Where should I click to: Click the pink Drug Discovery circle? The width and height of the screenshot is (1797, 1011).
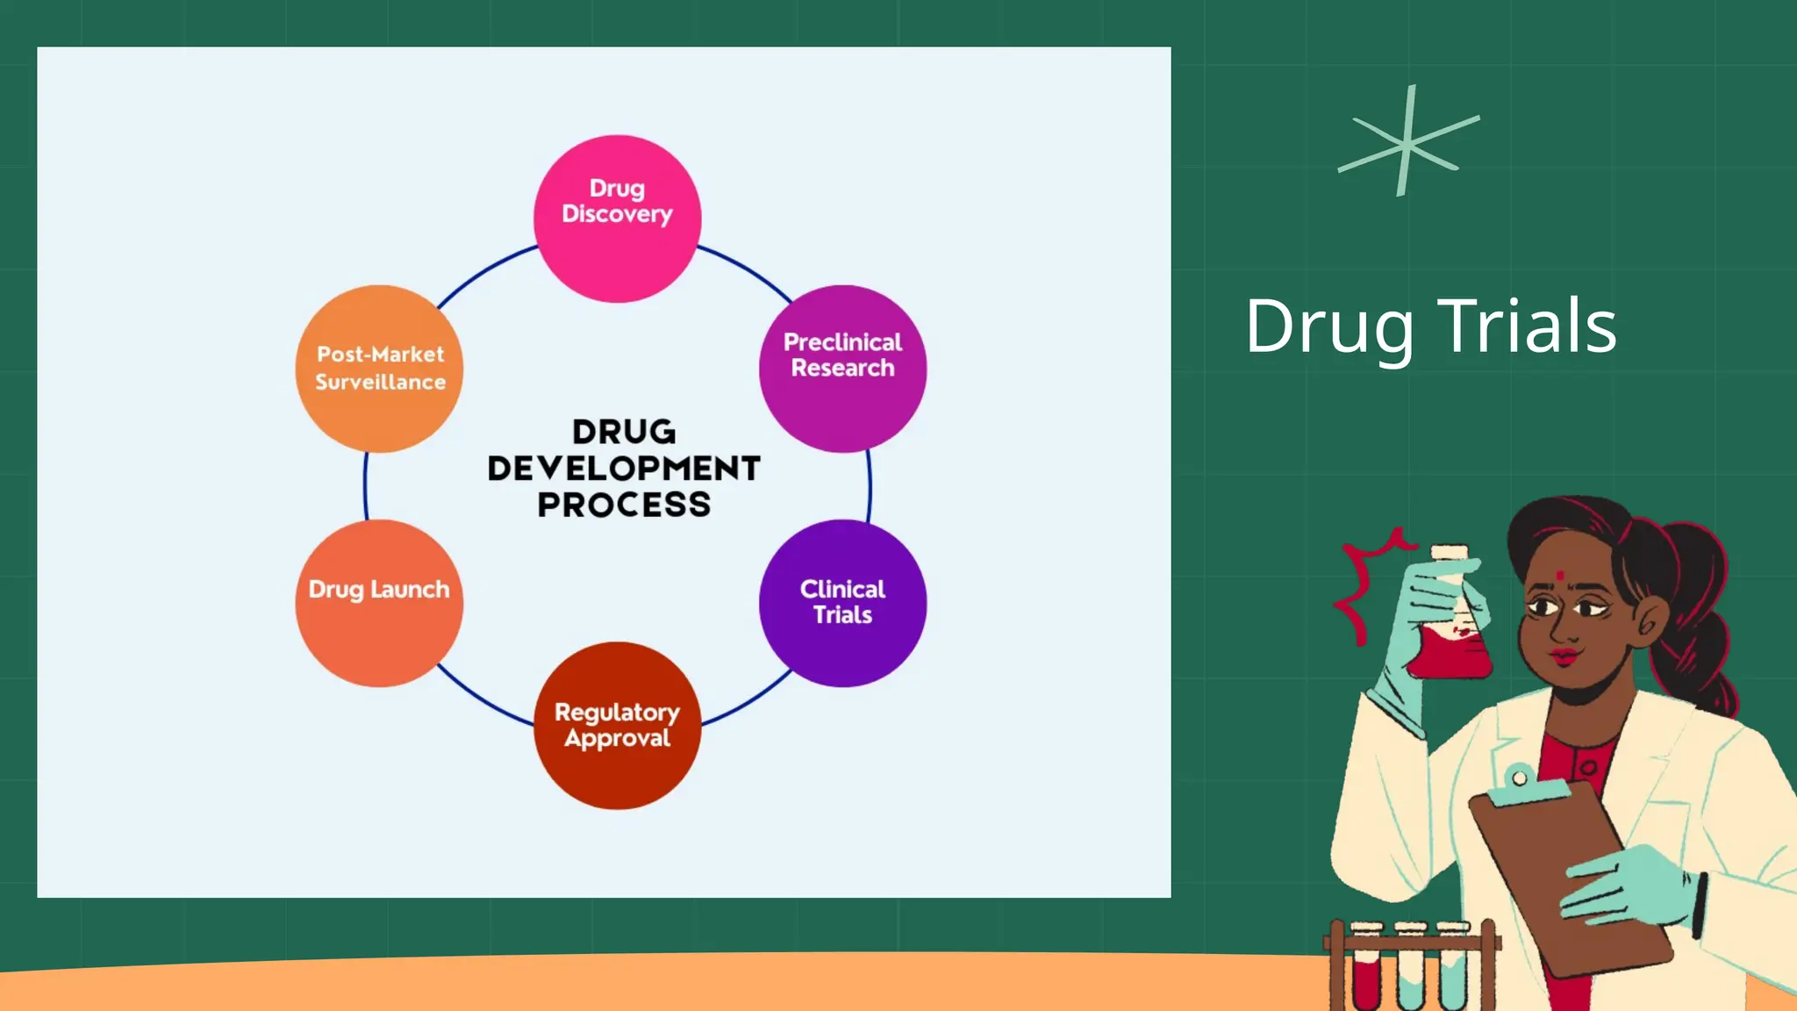[x=617, y=219]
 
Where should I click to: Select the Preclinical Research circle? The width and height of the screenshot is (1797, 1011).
[x=842, y=369]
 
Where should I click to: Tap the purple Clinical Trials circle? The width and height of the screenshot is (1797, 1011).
[x=842, y=603]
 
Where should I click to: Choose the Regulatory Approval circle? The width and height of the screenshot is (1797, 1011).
[x=617, y=725]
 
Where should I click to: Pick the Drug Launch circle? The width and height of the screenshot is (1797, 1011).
[x=379, y=603]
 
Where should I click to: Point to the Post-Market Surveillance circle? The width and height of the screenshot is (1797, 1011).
[x=379, y=369]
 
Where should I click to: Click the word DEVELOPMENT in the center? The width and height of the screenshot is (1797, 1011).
[x=624, y=469]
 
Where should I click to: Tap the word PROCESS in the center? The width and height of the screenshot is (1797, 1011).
[x=624, y=505]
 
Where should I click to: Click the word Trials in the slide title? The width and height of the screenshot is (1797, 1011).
[x=1527, y=326]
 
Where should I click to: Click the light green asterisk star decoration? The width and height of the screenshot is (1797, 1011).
[x=1407, y=142]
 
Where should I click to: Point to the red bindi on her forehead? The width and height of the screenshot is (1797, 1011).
[x=1559, y=576]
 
